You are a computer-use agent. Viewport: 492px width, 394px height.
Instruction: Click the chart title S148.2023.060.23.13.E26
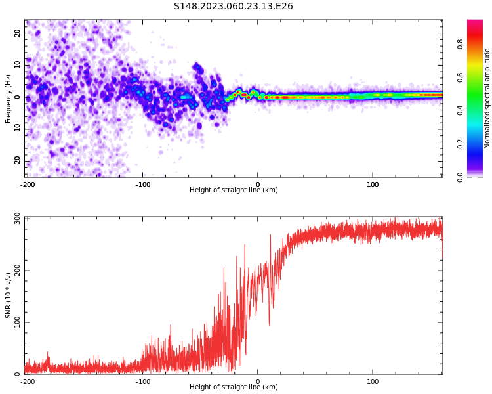(233, 7)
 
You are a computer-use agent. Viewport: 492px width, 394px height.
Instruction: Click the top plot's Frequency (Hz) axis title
(9, 98)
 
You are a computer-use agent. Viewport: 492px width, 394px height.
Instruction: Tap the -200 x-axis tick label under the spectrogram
(28, 185)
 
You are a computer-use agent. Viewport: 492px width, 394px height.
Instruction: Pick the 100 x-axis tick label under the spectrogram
(373, 185)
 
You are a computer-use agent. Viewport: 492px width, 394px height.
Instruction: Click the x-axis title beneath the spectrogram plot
(234, 190)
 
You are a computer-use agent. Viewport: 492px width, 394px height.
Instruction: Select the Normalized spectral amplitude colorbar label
(487, 98)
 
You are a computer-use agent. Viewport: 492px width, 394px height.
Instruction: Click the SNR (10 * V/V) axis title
(9, 295)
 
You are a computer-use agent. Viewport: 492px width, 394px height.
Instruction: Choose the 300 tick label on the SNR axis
(16, 218)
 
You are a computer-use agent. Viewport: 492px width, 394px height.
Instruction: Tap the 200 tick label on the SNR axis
(16, 270)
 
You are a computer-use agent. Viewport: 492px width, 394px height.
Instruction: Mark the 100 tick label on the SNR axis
(16, 322)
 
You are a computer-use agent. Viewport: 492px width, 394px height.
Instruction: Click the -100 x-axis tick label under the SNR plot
(142, 382)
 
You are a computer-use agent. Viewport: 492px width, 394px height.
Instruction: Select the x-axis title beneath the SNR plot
(234, 387)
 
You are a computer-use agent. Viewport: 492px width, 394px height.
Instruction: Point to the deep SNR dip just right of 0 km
(269, 324)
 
